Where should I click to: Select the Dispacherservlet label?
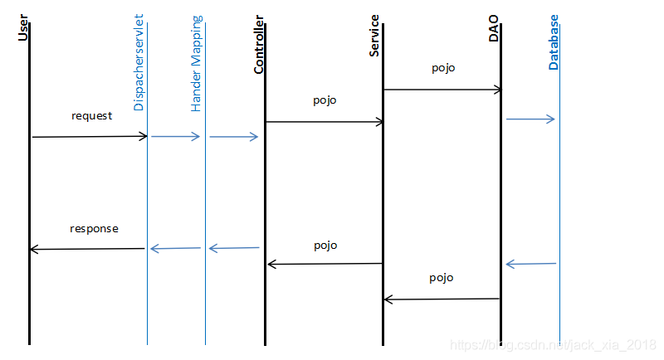coord(139,62)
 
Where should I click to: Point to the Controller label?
coord(259,45)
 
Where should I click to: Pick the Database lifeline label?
coord(554,41)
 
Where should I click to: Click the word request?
coord(91,116)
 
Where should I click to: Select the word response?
coord(94,228)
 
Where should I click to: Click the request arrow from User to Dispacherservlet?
coord(90,136)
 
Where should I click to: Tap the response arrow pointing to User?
coord(87,249)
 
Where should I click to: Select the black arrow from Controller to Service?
coord(325,122)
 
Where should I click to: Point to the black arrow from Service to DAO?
coord(442,90)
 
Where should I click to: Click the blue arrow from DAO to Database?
coord(530,119)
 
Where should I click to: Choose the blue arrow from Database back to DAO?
coord(530,264)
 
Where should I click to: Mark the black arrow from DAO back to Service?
coord(442,299)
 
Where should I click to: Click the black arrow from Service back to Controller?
coord(325,264)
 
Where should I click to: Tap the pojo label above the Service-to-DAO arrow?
coord(443,69)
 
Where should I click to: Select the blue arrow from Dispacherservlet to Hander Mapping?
coord(176,136)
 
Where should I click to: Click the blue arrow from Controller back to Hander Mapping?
coord(234,248)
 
